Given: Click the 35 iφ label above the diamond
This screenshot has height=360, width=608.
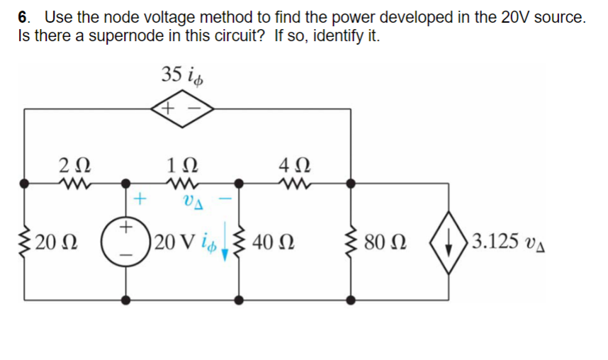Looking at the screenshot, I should [183, 74].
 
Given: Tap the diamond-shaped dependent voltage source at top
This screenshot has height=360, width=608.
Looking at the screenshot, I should [183, 109].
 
